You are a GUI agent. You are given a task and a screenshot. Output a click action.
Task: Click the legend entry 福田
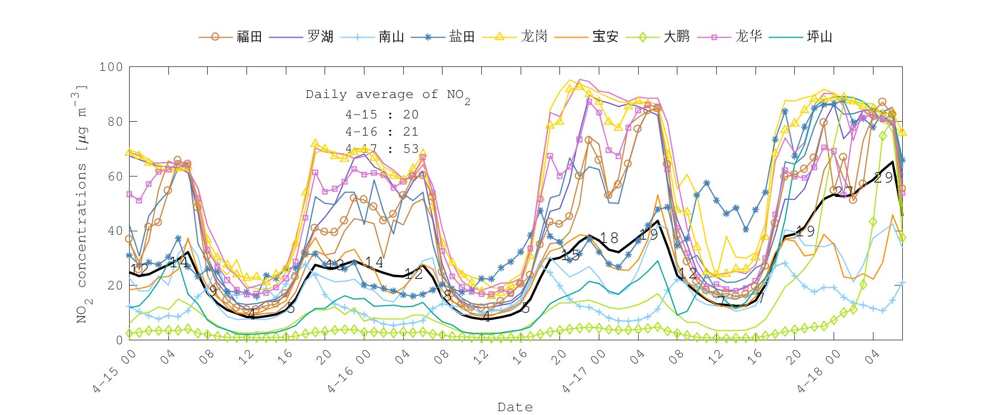click(249, 37)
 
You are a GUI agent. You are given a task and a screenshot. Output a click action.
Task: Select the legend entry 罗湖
click(320, 37)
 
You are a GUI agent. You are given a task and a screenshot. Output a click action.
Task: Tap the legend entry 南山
click(391, 37)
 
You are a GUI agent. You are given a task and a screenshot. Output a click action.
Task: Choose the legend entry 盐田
click(462, 37)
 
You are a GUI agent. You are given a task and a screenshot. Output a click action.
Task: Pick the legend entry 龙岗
click(534, 37)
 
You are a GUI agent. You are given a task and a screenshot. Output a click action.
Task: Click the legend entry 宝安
click(605, 37)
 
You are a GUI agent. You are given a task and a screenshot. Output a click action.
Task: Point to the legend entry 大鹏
click(676, 37)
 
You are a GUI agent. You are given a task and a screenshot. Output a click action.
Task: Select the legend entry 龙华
click(748, 37)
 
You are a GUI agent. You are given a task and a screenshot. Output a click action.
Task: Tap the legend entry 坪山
click(819, 37)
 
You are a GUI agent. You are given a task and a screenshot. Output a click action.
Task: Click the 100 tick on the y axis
click(111, 67)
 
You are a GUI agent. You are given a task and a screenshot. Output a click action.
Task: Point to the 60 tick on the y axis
click(115, 177)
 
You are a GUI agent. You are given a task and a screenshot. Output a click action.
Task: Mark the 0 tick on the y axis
click(119, 340)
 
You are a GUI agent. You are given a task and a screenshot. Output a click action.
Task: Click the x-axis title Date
click(515, 407)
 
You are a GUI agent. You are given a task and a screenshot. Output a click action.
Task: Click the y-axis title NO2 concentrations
click(81, 204)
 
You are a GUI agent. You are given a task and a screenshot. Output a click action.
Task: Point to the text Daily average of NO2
click(388, 95)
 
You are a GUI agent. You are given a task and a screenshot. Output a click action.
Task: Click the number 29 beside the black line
click(883, 178)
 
